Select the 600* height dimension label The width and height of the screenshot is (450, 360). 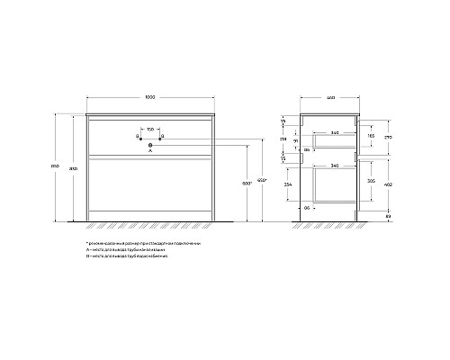click(247, 184)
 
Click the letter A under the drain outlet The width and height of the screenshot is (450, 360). click(149, 152)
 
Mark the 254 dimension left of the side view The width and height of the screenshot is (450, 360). click(286, 184)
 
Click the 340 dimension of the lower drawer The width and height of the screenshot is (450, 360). click(335, 166)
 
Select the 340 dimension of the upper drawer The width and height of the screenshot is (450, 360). click(334, 132)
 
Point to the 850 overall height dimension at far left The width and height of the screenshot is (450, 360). click(54, 172)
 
